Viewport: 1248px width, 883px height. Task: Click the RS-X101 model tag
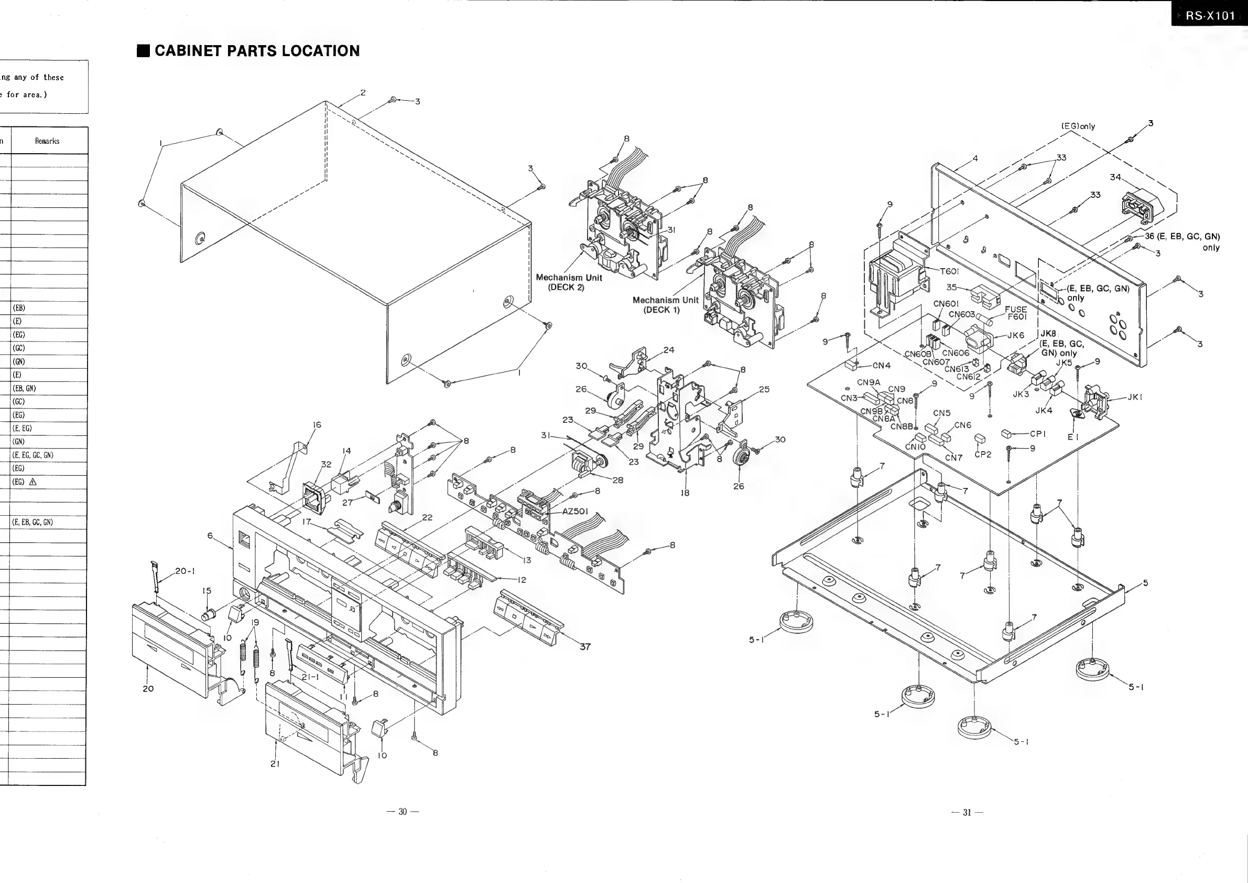tap(1210, 15)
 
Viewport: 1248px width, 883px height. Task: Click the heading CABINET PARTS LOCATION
tap(256, 51)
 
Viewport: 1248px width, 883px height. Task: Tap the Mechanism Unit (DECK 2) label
tap(569, 282)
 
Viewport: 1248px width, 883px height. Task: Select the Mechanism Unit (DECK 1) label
tap(665, 305)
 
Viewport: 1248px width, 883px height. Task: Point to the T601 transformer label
tap(949, 271)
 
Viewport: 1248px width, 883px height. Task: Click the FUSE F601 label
tap(1015, 313)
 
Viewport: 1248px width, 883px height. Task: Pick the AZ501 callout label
tap(574, 512)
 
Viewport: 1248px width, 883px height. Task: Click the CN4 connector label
tap(881, 366)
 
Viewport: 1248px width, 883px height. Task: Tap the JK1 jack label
tap(1134, 397)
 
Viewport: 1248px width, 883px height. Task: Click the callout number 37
tap(585, 647)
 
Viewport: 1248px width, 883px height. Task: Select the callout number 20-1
tap(185, 571)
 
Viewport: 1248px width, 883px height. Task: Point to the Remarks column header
tap(47, 141)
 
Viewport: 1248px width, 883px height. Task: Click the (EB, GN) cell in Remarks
tap(24, 388)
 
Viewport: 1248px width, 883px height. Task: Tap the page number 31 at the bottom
tap(967, 812)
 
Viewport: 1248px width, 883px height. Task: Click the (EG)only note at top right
tap(1078, 126)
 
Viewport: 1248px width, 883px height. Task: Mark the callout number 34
tap(1115, 177)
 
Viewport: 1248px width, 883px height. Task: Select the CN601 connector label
tap(946, 304)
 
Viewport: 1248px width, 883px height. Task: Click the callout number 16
tap(317, 425)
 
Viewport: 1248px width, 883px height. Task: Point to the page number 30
tap(403, 812)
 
